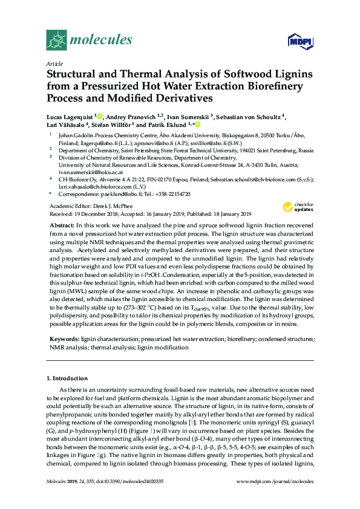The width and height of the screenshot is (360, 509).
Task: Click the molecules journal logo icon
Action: click(x=56, y=41)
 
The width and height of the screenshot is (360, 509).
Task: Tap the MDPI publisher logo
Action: click(x=295, y=42)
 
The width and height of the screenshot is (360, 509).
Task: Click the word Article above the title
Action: click(x=54, y=63)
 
